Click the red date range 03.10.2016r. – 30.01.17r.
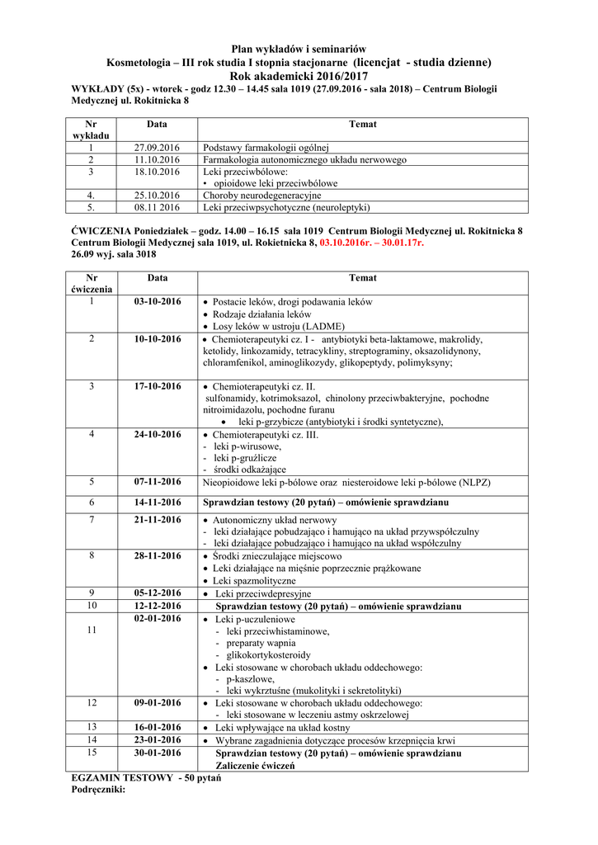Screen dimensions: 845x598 pos(372,243)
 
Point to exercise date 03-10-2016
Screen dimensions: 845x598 pos(157,301)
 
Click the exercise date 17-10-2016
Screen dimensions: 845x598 pos(157,386)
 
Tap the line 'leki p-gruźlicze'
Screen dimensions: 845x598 pos(245,457)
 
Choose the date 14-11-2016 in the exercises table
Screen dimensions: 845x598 pos(157,502)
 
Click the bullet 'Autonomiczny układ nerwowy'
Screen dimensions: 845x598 pos(275,521)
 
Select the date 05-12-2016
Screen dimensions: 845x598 pos(157,593)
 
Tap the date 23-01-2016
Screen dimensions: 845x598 pos(157,740)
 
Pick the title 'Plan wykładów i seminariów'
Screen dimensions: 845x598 pos(299,50)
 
